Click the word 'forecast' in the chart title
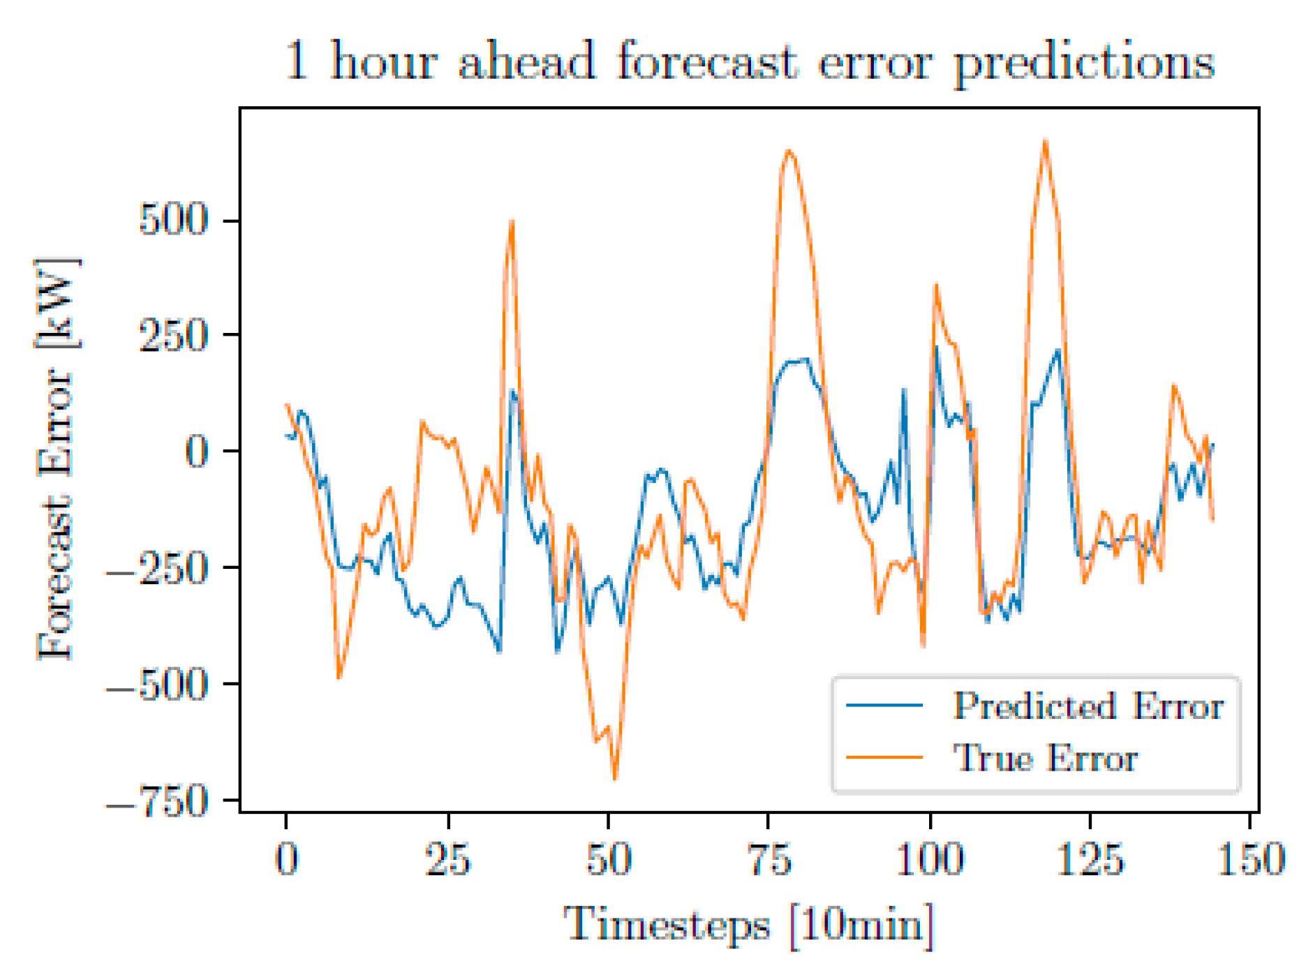pyautogui.click(x=706, y=61)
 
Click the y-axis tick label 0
pyautogui.click(x=196, y=452)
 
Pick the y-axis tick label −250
pyautogui.click(x=157, y=568)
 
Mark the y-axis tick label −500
pyautogui.click(x=157, y=685)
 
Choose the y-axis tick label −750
pyautogui.click(x=157, y=801)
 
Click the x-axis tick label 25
pyautogui.click(x=447, y=859)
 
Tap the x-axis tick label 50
pyautogui.click(x=609, y=859)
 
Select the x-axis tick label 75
pyautogui.click(x=769, y=859)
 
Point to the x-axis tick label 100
pyautogui.click(x=930, y=859)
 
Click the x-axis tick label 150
pyautogui.click(x=1251, y=859)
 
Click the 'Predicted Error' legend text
pyautogui.click(x=1088, y=706)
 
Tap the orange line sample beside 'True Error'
pyautogui.click(x=884, y=757)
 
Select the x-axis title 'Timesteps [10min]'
pyautogui.click(x=748, y=926)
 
